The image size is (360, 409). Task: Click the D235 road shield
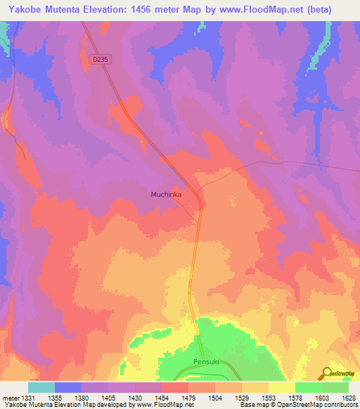(101, 60)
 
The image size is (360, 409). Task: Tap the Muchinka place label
(167, 194)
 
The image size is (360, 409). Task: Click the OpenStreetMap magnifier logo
(327, 373)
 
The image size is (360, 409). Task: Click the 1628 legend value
(348, 397)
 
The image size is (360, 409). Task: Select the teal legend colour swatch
(41, 387)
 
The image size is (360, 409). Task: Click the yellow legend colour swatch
(282, 387)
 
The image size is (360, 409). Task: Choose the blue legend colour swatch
(68, 387)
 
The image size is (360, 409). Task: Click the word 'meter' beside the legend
(10, 397)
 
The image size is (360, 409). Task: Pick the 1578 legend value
(295, 397)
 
